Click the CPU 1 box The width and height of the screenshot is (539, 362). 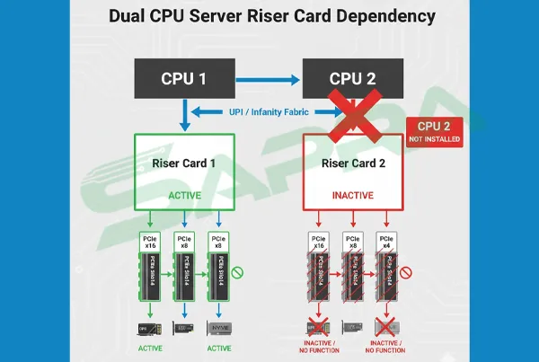pos(183,78)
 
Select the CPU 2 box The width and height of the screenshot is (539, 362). pos(354,78)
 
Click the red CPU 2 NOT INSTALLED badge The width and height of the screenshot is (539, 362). pos(435,132)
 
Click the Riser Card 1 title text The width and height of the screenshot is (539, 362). pos(184,164)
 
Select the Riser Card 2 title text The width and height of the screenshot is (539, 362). pos(354,164)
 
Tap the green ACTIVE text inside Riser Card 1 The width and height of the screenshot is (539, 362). pos(184,193)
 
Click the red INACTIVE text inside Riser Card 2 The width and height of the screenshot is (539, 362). pos(354,193)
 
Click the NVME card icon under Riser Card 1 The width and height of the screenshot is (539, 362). pos(218,328)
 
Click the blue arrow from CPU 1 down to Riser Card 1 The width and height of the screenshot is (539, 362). pos(183,114)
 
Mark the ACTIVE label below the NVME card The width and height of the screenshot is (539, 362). pos(218,349)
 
